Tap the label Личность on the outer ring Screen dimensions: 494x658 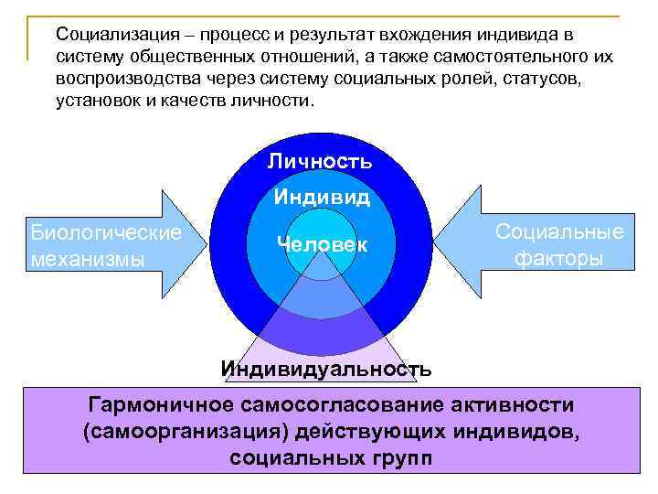(320, 162)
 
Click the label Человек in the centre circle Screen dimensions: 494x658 (322, 244)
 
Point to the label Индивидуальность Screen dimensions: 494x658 (326, 370)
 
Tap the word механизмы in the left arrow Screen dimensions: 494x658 (88, 259)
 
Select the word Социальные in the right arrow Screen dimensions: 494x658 (559, 232)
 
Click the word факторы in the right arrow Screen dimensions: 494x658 (558, 259)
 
